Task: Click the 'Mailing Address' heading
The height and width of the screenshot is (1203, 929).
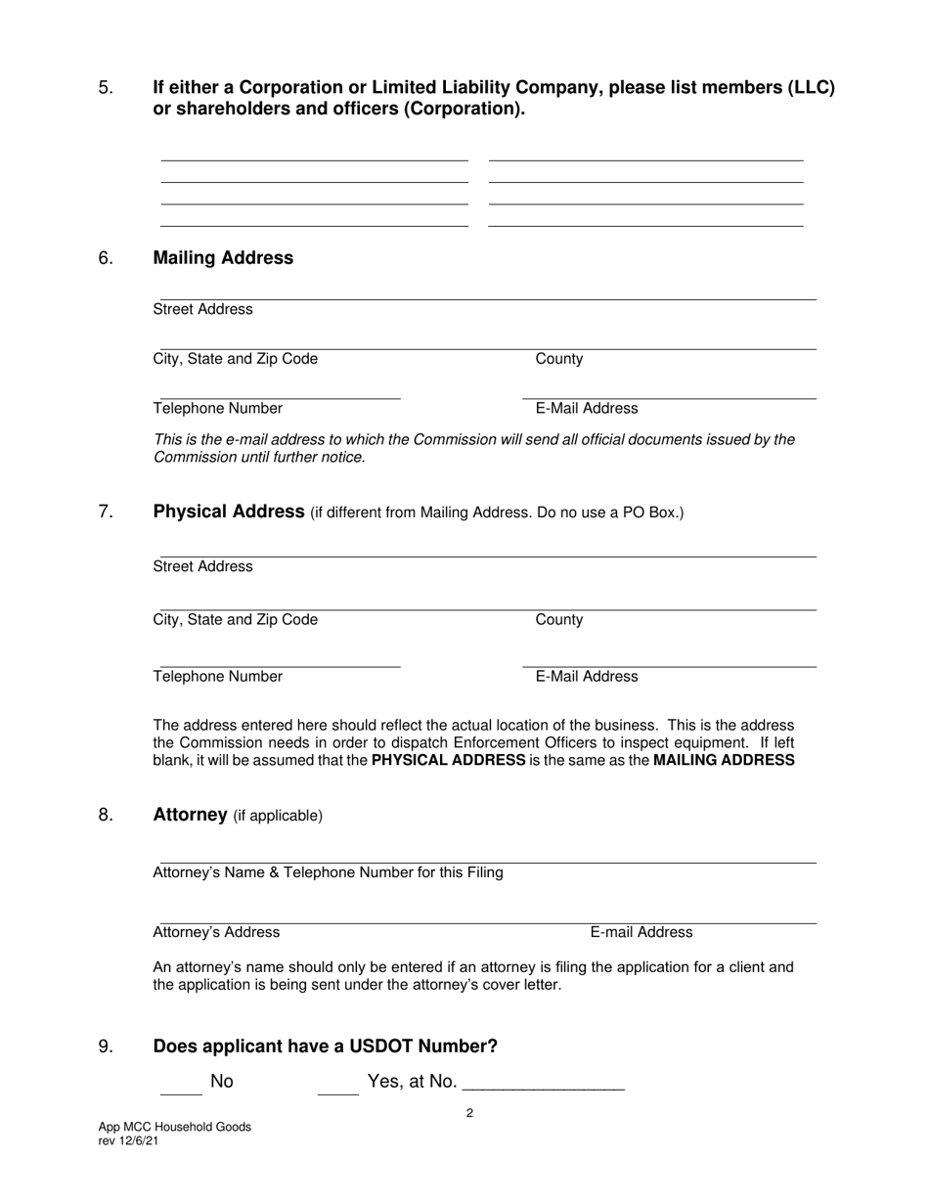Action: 223,258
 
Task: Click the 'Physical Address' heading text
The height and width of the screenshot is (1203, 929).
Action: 229,512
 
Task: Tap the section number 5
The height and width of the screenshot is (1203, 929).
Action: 107,88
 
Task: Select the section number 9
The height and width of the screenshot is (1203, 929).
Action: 107,1047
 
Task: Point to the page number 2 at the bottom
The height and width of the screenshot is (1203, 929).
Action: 470,1113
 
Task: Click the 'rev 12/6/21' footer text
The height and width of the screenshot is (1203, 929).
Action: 130,1141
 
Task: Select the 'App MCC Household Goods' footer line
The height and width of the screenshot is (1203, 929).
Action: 175,1127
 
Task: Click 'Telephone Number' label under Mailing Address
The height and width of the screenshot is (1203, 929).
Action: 218,409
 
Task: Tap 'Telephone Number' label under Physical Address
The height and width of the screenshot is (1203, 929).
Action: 218,677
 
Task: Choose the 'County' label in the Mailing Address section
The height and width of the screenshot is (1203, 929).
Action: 559,359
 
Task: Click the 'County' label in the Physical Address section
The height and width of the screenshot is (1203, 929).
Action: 559,620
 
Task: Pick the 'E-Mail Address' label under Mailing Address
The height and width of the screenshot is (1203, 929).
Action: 587,409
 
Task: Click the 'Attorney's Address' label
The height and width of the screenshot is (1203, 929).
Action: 216,932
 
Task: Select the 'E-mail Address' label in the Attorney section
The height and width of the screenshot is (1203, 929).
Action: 641,932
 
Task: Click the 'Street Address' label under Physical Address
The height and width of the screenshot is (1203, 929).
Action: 203,567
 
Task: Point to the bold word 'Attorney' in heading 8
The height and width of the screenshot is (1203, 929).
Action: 191,815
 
